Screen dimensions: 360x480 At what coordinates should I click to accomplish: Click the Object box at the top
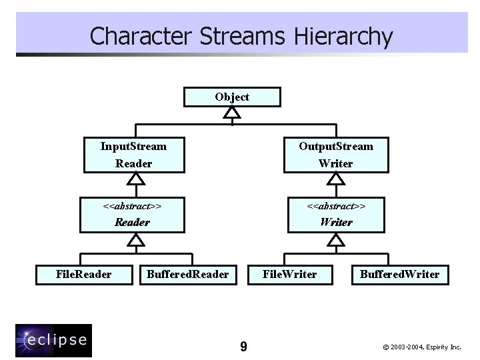232,97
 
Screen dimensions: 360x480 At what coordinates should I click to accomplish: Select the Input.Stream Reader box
133,155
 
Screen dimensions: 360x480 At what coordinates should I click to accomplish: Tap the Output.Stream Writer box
335,155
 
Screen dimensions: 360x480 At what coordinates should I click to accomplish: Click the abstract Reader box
132,214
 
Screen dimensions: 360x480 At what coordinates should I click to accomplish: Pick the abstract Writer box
335,214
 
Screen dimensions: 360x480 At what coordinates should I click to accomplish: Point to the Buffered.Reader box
187,274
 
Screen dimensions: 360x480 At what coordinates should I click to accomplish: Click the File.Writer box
289,274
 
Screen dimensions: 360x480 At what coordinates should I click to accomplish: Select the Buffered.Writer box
399,274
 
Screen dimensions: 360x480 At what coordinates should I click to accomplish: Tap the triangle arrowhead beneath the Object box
232,112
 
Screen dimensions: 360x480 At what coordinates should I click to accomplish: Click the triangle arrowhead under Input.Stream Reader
136,179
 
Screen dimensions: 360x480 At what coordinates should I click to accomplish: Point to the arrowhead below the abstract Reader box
136,239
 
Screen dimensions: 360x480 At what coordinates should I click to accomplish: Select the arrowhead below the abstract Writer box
337,239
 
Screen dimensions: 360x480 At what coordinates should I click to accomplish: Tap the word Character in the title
133,36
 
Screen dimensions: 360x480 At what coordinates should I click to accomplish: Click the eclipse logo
53,340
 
